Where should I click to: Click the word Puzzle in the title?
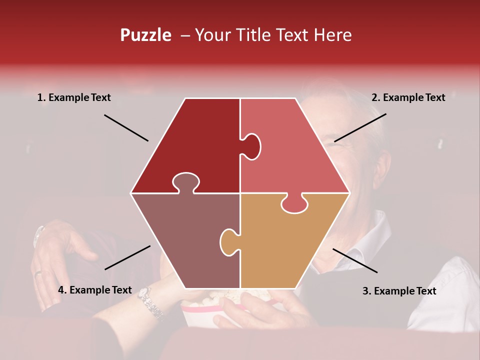pyautogui.click(x=145, y=35)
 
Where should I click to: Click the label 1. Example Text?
pyautogui.click(x=74, y=98)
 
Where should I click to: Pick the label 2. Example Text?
pyautogui.click(x=408, y=98)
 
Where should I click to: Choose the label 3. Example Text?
pyautogui.click(x=399, y=291)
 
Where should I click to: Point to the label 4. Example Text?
pyautogui.click(x=95, y=290)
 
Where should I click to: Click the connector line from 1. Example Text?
pyautogui.click(x=126, y=128)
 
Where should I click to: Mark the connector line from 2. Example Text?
pyautogui.click(x=360, y=127)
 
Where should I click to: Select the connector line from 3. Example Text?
pyautogui.click(x=355, y=260)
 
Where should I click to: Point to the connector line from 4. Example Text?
pyautogui.click(x=127, y=257)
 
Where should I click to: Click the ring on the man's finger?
pyautogui.click(x=38, y=273)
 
